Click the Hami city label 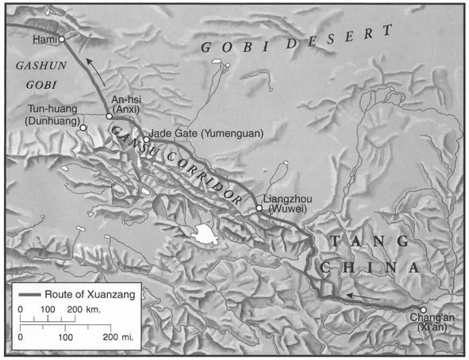coord(44,39)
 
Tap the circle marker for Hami coord(61,37)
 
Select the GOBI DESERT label coord(297,40)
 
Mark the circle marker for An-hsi coord(110,116)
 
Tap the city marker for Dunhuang coord(82,126)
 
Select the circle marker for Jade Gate coord(146,139)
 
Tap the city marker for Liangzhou coord(259,209)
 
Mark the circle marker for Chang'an coord(424,310)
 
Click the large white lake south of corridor coord(206,234)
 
